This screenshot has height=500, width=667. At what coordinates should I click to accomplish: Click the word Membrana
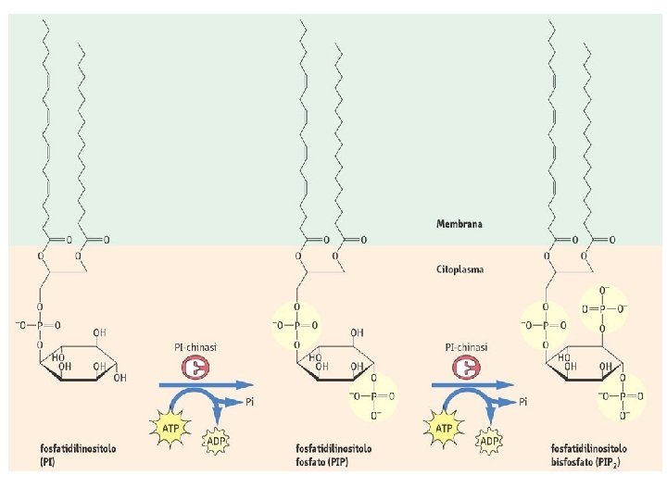point(459,224)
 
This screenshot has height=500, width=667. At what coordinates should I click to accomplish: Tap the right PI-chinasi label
point(465,347)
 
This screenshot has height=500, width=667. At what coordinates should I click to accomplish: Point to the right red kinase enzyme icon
point(466,369)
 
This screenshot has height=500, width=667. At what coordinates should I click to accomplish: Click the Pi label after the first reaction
point(251,402)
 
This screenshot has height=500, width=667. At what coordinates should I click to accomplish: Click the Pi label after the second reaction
point(523,402)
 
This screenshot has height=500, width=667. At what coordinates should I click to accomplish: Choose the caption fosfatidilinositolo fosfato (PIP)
point(333,452)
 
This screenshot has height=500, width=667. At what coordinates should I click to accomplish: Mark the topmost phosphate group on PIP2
point(603,307)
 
